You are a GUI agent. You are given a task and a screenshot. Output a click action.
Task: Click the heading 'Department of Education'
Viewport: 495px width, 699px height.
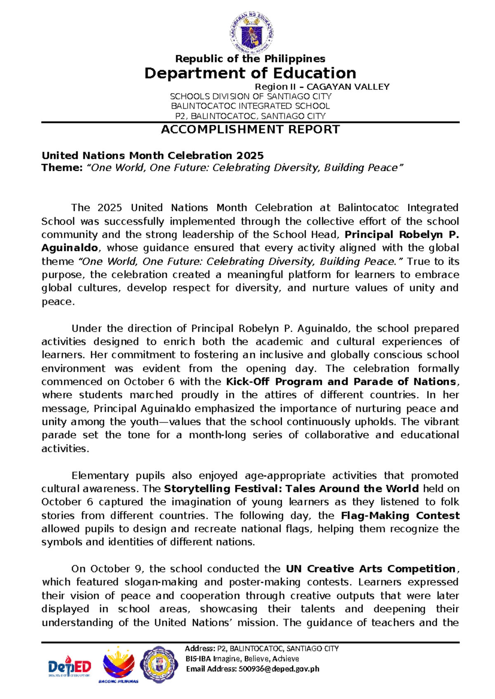(x=250, y=73)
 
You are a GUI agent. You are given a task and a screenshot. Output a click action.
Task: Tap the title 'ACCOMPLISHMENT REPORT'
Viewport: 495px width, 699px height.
(x=250, y=129)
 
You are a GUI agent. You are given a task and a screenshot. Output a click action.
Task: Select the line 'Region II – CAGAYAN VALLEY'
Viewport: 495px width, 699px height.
(x=322, y=87)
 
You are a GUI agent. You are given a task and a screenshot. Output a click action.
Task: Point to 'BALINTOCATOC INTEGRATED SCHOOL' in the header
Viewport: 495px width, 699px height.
(x=250, y=106)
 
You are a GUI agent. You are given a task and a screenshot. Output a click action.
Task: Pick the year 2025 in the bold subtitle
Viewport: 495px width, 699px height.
(x=250, y=155)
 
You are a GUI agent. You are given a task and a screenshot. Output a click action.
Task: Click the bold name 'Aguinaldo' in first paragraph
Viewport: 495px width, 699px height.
(x=69, y=248)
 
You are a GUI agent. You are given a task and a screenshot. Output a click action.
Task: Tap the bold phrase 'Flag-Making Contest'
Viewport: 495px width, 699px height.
(x=400, y=516)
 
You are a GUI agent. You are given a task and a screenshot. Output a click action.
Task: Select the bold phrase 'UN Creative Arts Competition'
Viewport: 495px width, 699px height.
(x=370, y=569)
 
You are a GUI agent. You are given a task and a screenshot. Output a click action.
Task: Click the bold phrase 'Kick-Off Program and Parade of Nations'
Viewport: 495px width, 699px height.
(x=341, y=382)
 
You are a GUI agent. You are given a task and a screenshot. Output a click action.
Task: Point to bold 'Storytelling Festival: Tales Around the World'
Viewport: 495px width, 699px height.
(x=291, y=489)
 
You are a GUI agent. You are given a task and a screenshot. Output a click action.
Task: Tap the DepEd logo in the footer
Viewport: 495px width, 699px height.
(x=70, y=666)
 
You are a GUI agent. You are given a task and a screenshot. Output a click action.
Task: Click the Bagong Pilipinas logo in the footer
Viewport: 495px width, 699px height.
(x=118, y=664)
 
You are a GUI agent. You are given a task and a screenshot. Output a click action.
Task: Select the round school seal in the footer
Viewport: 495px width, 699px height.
(x=159, y=664)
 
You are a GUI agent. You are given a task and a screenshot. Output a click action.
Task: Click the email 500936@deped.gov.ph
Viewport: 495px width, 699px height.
(x=278, y=669)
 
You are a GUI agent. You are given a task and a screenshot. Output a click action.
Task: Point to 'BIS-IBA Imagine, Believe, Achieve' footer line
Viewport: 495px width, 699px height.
(x=242, y=659)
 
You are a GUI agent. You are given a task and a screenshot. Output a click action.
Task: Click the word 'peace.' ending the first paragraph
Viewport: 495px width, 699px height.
(x=58, y=302)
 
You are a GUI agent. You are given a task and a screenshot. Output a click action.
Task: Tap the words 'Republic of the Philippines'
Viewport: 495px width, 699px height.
(x=250, y=59)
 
